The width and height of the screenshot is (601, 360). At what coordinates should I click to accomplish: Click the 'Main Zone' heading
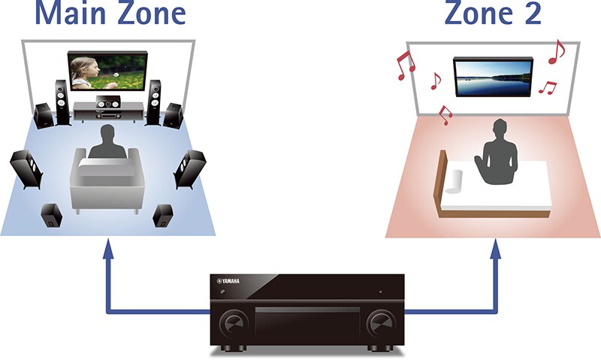pyautogui.click(x=110, y=13)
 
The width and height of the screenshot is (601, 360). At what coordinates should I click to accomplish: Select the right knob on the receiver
pyautogui.click(x=381, y=324)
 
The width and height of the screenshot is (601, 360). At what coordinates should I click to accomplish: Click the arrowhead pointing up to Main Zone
pyautogui.click(x=108, y=247)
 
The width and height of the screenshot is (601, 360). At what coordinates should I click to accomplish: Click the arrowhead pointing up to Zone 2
pyautogui.click(x=495, y=247)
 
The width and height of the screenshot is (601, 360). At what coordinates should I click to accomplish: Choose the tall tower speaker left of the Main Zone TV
pyautogui.click(x=61, y=101)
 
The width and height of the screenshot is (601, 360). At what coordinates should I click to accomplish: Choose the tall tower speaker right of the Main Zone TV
pyautogui.click(x=156, y=101)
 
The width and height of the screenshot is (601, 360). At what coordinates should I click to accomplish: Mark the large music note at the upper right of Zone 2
pyautogui.click(x=556, y=51)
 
